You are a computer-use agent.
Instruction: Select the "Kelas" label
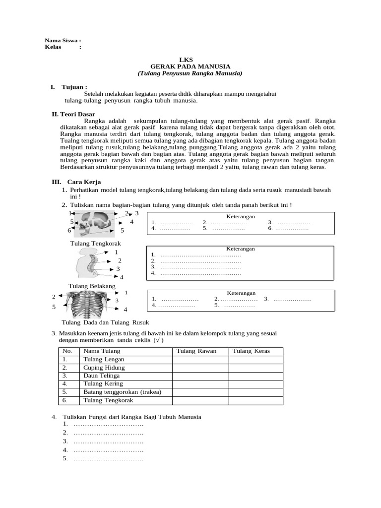(56, 47)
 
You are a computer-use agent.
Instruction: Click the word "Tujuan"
(74, 87)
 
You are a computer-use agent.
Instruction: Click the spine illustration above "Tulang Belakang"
(86, 263)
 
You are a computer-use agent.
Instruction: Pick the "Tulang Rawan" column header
(200, 351)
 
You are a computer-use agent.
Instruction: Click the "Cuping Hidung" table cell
(104, 368)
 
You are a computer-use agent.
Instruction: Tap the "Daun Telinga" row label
(102, 376)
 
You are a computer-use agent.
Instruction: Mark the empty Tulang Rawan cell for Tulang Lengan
(200, 359)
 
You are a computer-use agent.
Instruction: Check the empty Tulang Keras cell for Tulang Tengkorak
(255, 400)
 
